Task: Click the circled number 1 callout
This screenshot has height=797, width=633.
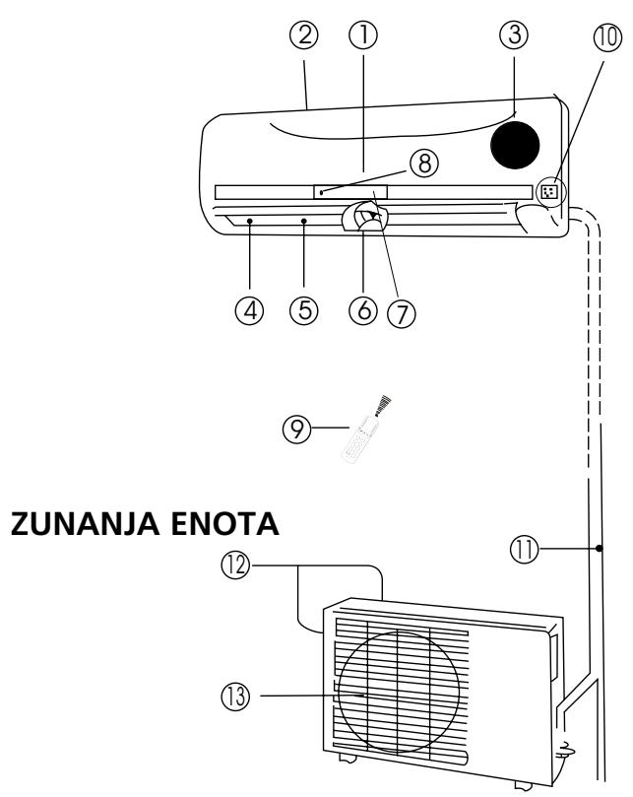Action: point(362,35)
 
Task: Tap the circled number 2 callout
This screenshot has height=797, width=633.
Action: point(304,35)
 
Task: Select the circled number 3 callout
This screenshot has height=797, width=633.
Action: point(514,34)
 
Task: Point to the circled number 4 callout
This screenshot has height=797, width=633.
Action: point(249,310)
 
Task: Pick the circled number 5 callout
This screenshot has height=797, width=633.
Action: point(304,310)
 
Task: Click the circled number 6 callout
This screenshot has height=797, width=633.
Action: point(363,310)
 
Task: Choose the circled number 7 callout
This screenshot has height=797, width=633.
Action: point(402,313)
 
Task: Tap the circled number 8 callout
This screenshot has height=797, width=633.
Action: point(424,164)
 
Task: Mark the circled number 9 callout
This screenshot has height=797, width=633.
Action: point(296,429)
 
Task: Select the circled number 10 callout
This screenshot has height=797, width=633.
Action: point(607,37)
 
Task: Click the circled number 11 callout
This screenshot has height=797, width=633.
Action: point(525,549)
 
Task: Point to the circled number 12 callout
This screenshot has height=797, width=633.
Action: point(235,565)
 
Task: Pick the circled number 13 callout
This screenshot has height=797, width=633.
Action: point(235,697)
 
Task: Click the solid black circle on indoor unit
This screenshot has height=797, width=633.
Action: point(515,145)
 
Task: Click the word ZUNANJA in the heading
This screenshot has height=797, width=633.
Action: point(86,524)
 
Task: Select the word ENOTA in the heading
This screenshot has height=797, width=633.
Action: point(224,524)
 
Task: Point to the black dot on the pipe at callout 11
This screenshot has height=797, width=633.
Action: point(600,549)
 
